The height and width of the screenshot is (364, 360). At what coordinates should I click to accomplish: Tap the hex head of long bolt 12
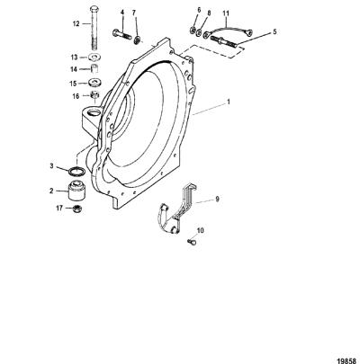(94, 8)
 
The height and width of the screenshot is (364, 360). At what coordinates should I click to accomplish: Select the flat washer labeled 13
(94, 57)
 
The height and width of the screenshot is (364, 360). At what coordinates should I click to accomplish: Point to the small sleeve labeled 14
(95, 67)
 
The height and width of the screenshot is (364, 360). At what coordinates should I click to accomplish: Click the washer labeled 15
(95, 82)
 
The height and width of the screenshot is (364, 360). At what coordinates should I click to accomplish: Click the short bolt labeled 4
(122, 33)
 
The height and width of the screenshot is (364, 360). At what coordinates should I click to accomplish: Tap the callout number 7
(134, 13)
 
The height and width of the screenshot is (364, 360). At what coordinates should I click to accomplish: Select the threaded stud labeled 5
(224, 41)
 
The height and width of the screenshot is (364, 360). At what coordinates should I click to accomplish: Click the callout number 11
(226, 13)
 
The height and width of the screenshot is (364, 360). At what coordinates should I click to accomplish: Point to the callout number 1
(229, 102)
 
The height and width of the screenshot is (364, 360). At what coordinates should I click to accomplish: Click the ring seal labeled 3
(76, 172)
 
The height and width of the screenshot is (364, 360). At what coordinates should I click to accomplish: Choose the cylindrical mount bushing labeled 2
(76, 191)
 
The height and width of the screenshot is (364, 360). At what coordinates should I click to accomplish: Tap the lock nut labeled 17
(77, 209)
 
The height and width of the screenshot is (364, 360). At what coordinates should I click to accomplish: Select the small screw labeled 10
(191, 241)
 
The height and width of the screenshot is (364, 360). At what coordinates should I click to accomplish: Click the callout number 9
(217, 199)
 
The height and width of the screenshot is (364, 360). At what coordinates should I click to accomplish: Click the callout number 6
(199, 10)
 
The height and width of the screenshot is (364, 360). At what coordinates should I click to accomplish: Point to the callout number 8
(209, 13)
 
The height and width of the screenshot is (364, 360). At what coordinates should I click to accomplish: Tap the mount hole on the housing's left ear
(94, 112)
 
